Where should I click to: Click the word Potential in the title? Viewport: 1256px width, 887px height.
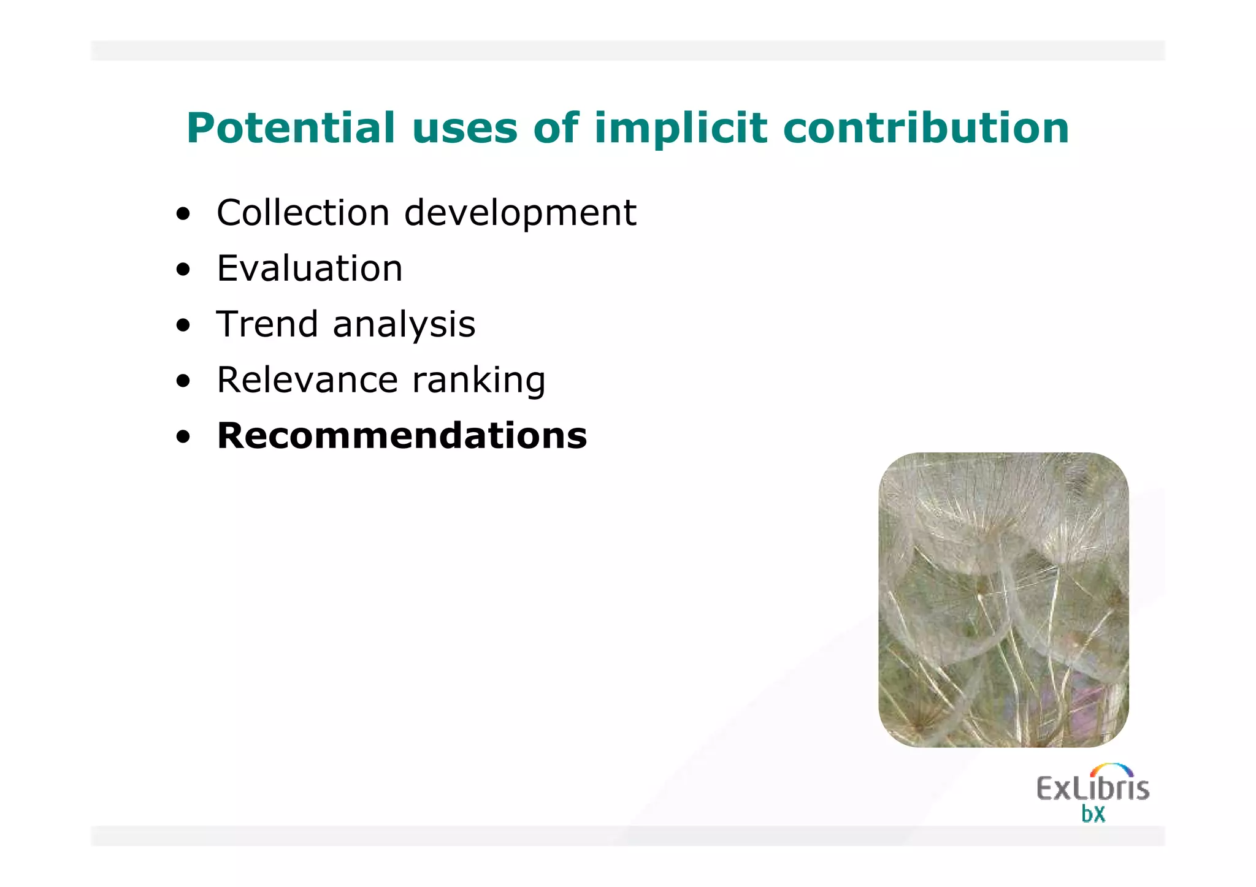click(291, 128)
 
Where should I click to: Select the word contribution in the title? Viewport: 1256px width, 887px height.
click(926, 128)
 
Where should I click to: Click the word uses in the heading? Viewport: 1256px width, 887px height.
click(465, 128)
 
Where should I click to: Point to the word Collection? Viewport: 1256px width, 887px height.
click(303, 213)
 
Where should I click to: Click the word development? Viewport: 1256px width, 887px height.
click(520, 214)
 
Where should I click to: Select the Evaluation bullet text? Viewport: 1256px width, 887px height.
click(310, 268)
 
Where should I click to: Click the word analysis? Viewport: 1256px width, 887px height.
click(404, 325)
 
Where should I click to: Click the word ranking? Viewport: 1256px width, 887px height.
click(478, 381)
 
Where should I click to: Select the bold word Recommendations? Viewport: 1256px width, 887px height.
click(402, 435)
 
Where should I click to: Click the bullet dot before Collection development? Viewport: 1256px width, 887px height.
click(183, 215)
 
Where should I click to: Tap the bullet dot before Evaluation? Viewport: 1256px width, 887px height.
click(183, 270)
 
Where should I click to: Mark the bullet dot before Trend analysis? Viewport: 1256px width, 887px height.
click(183, 326)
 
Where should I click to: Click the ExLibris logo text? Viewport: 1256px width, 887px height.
click(1092, 788)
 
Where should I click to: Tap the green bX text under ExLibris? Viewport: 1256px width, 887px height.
click(1093, 814)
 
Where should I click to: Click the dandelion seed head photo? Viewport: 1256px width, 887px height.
click(1003, 600)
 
